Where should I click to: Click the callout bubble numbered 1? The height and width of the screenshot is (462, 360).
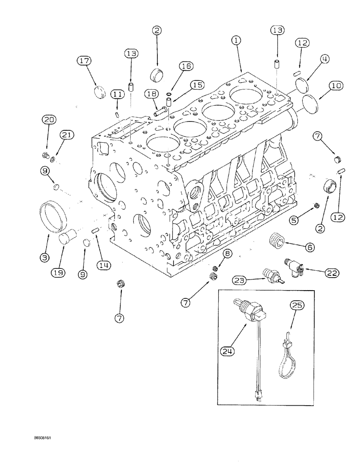(236, 41)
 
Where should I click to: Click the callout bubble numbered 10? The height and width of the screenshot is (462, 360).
(323, 85)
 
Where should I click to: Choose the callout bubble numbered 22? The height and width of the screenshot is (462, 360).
(332, 273)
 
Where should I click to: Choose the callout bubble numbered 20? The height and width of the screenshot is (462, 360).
(48, 120)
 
